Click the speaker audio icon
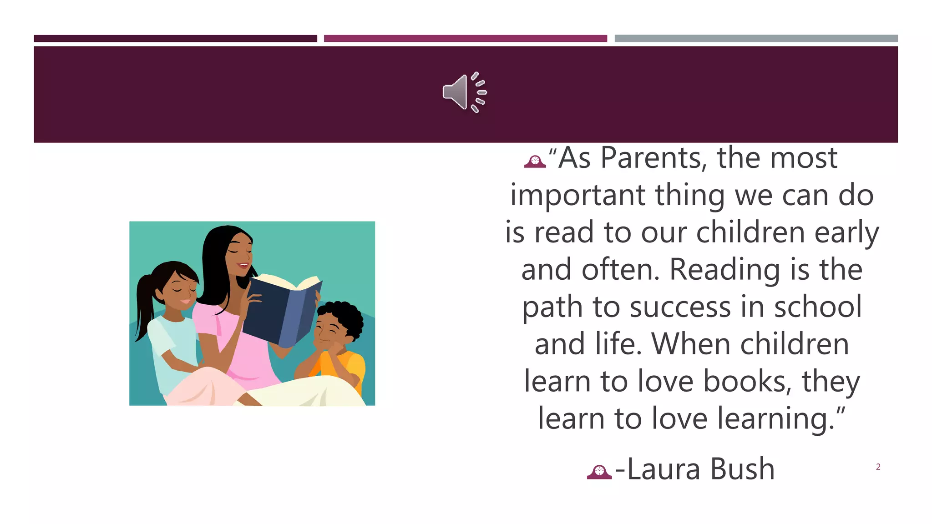tap(464, 92)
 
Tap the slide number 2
tap(878, 467)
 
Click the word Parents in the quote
tap(653, 158)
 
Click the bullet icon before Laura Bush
tap(599, 472)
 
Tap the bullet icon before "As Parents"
tap(535, 161)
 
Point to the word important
tap(577, 196)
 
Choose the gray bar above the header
tap(756, 39)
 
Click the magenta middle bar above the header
tap(465, 39)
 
